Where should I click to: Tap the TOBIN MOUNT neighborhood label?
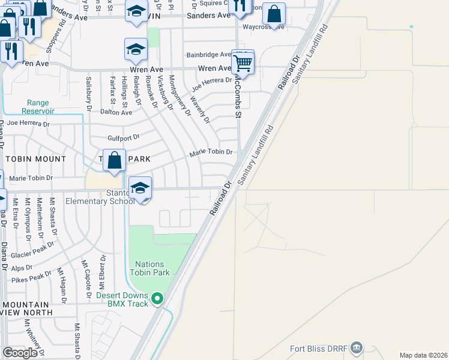click(35, 159)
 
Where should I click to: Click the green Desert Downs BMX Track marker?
click(158, 298)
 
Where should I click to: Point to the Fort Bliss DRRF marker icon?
click(357, 347)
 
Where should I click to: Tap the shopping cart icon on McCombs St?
click(243, 61)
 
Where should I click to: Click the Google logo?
click(20, 353)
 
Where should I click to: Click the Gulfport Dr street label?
click(123, 137)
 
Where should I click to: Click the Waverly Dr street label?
click(200, 109)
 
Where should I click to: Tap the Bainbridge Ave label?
click(208, 54)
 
